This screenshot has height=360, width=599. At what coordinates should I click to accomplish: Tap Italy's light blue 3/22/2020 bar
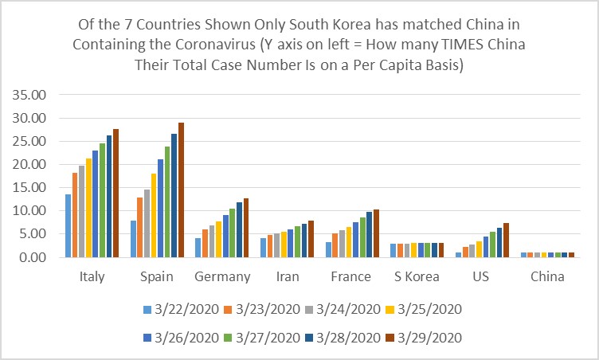point(69,225)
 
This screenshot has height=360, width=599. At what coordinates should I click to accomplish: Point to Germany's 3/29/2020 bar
point(246,228)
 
